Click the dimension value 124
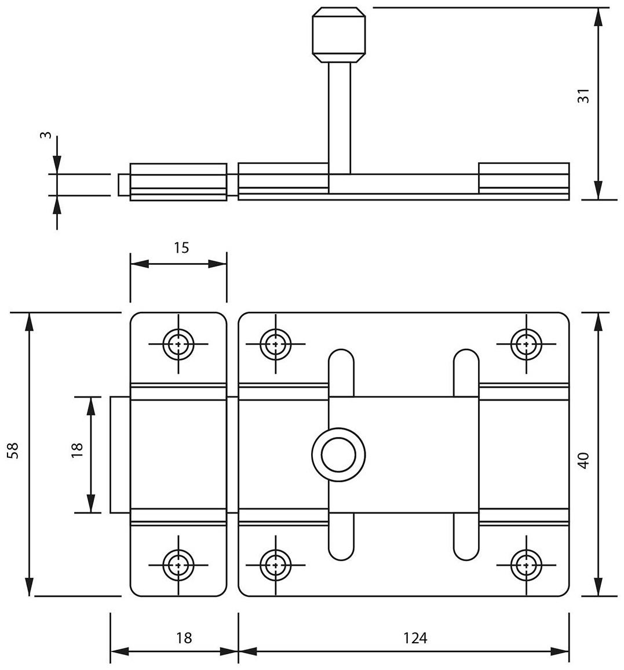(x=415, y=638)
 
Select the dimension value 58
(x=13, y=450)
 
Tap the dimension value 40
(x=583, y=460)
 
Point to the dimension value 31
(x=583, y=96)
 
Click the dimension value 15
(x=181, y=247)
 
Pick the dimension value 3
(x=46, y=135)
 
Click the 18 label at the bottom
(x=183, y=638)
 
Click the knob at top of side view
(x=339, y=35)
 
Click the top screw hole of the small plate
(x=178, y=343)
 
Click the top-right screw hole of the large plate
(x=526, y=343)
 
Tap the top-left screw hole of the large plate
(x=275, y=343)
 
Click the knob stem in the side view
(x=339, y=116)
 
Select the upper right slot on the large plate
(x=466, y=372)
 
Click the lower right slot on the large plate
(x=466, y=537)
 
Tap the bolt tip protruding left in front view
(x=119, y=454)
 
